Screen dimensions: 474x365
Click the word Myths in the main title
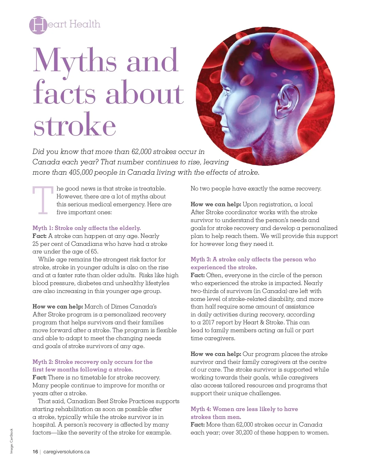tap(75, 61)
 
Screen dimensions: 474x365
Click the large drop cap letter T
tap(43, 200)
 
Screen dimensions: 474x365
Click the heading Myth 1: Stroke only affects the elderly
tap(86, 228)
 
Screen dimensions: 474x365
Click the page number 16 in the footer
tap(35, 452)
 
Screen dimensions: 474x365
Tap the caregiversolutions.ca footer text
tap(67, 452)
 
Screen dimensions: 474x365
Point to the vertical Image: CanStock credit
tap(12, 441)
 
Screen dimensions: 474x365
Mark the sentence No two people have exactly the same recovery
tap(256, 189)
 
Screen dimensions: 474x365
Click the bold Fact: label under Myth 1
tap(40, 236)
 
